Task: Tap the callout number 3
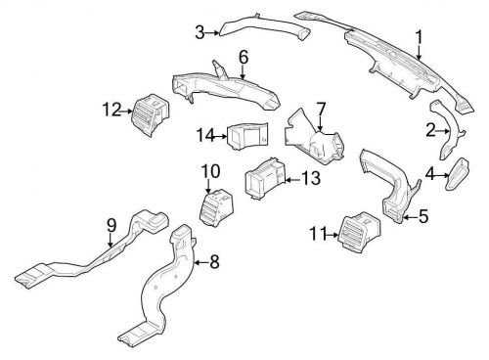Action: tap(200, 33)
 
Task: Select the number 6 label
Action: tap(243, 58)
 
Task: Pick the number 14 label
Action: tap(205, 134)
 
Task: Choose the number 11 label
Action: tap(316, 234)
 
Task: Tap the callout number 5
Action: tap(423, 216)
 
